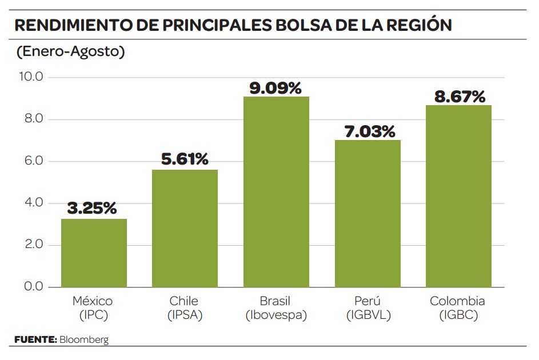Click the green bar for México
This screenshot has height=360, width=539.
coord(94,253)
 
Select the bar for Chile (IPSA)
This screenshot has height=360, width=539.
coord(185,229)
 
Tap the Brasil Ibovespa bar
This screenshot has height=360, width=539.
coord(276,192)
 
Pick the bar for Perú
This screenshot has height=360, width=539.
coord(368,213)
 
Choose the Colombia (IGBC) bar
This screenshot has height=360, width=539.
coord(458,196)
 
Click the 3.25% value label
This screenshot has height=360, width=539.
coord(93,209)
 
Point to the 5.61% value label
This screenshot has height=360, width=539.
coord(185,159)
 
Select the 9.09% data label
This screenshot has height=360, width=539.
coord(276,88)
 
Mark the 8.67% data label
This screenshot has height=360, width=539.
coord(460,97)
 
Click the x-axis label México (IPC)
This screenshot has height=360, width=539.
coord(93,307)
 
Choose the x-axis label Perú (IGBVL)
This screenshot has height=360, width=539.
coord(368,307)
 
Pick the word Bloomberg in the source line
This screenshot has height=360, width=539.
coord(83,340)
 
